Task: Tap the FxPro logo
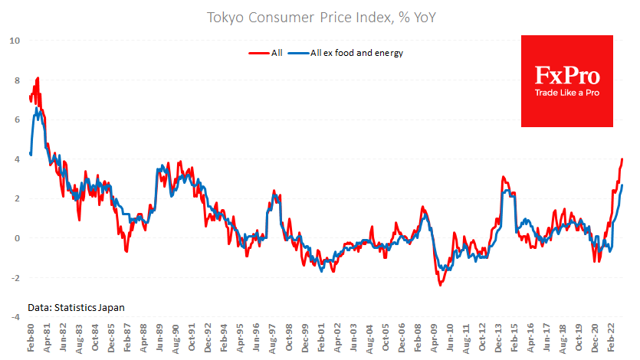566,75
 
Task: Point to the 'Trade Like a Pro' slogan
566,93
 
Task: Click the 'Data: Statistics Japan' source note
76,306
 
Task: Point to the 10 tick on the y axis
15,41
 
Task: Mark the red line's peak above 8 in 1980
38,78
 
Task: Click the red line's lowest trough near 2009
441,285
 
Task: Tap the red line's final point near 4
622,159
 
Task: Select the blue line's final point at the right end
622,185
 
